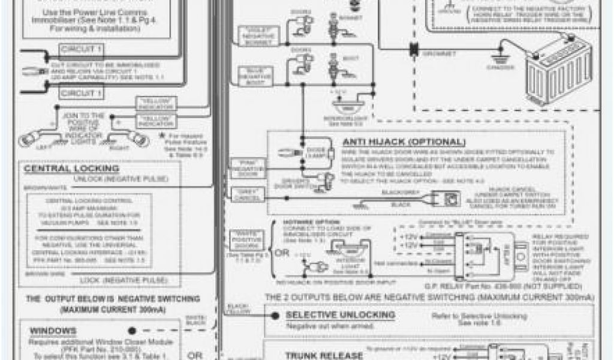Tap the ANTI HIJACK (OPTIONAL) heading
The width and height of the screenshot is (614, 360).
[403, 142]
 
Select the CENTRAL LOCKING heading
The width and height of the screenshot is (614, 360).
[71, 169]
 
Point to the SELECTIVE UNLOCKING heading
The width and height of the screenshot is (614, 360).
[339, 314]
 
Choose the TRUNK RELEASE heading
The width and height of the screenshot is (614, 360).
[324, 355]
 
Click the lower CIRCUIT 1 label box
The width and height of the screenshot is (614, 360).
[81, 92]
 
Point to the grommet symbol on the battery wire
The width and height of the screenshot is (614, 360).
[413, 49]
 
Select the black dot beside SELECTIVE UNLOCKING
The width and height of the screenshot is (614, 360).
[275, 316]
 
